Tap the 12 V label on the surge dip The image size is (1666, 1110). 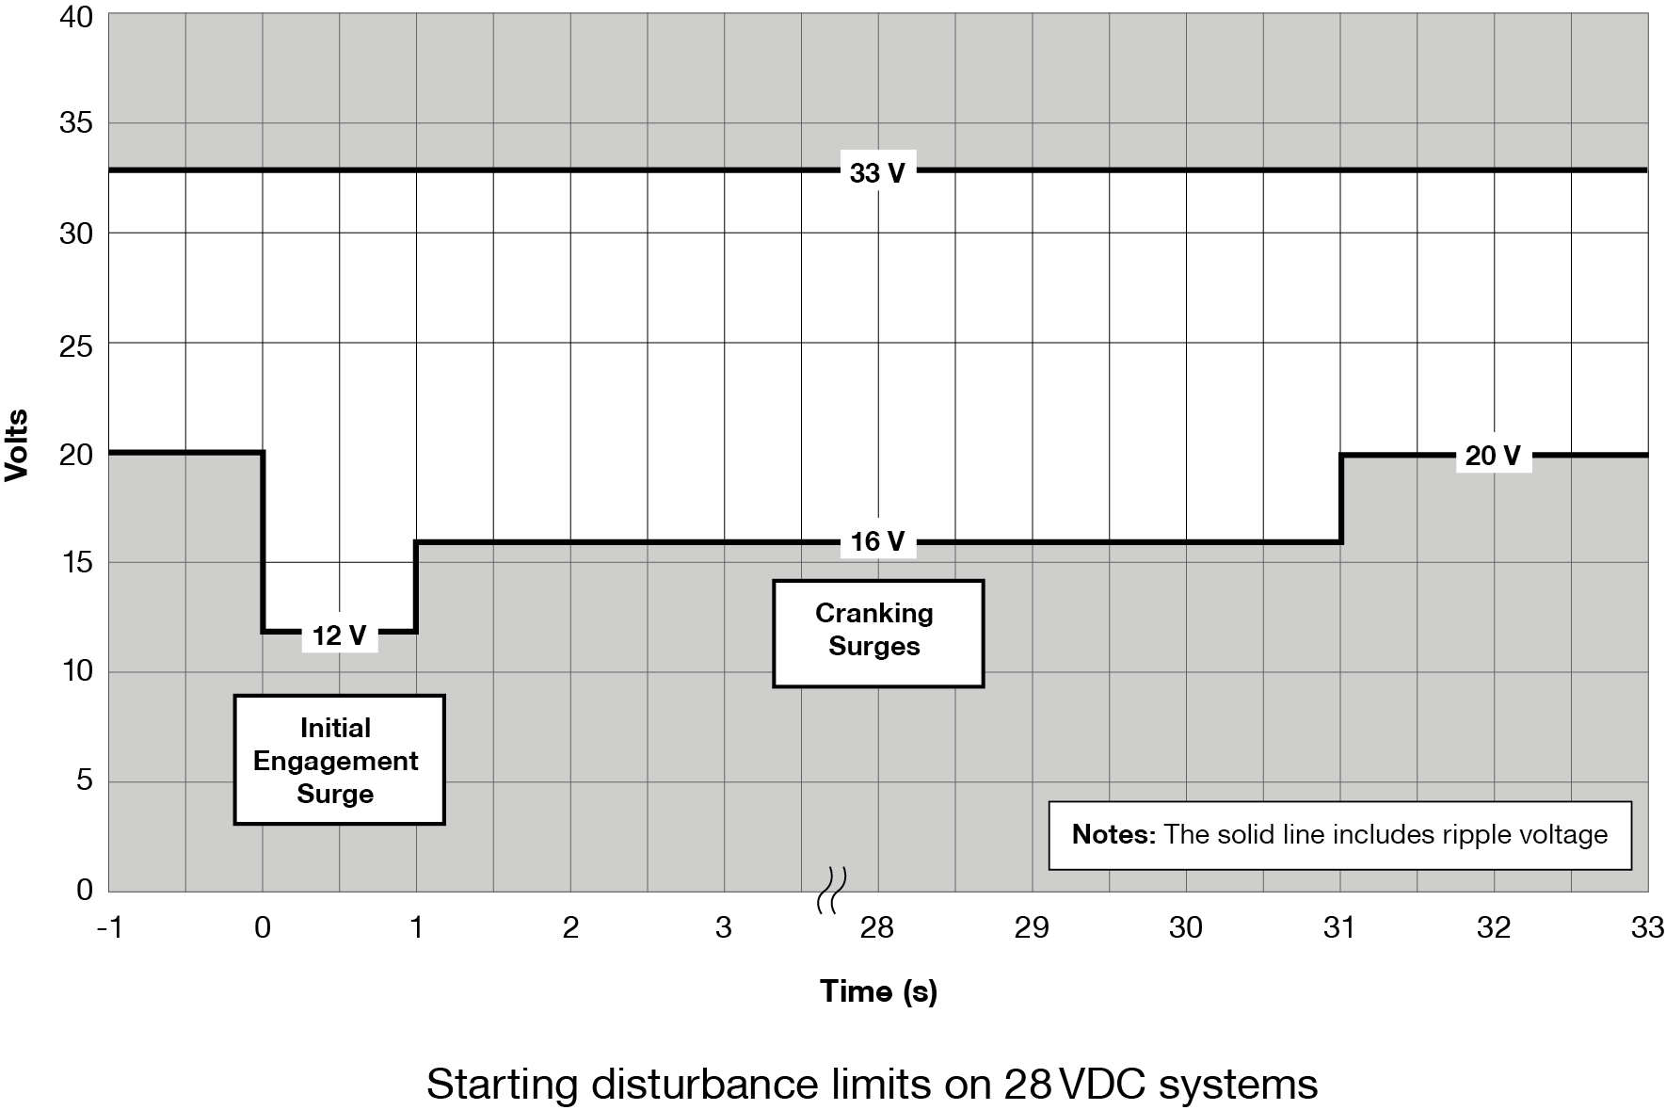tap(339, 635)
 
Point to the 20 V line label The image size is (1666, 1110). tap(1492, 456)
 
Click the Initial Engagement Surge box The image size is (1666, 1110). tap(338, 760)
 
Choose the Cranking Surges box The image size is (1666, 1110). tap(877, 632)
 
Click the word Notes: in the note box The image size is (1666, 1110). tap(1113, 835)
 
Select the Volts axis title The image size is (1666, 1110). tap(17, 446)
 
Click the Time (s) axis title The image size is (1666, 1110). tap(877, 990)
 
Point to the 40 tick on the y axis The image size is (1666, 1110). tap(76, 17)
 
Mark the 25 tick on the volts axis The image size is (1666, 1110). tap(76, 346)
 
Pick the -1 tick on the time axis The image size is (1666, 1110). tap(109, 928)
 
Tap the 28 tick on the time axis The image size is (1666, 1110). tap(876, 928)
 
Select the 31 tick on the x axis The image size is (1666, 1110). tap(1338, 928)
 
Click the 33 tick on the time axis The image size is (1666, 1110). tap(1646, 928)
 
